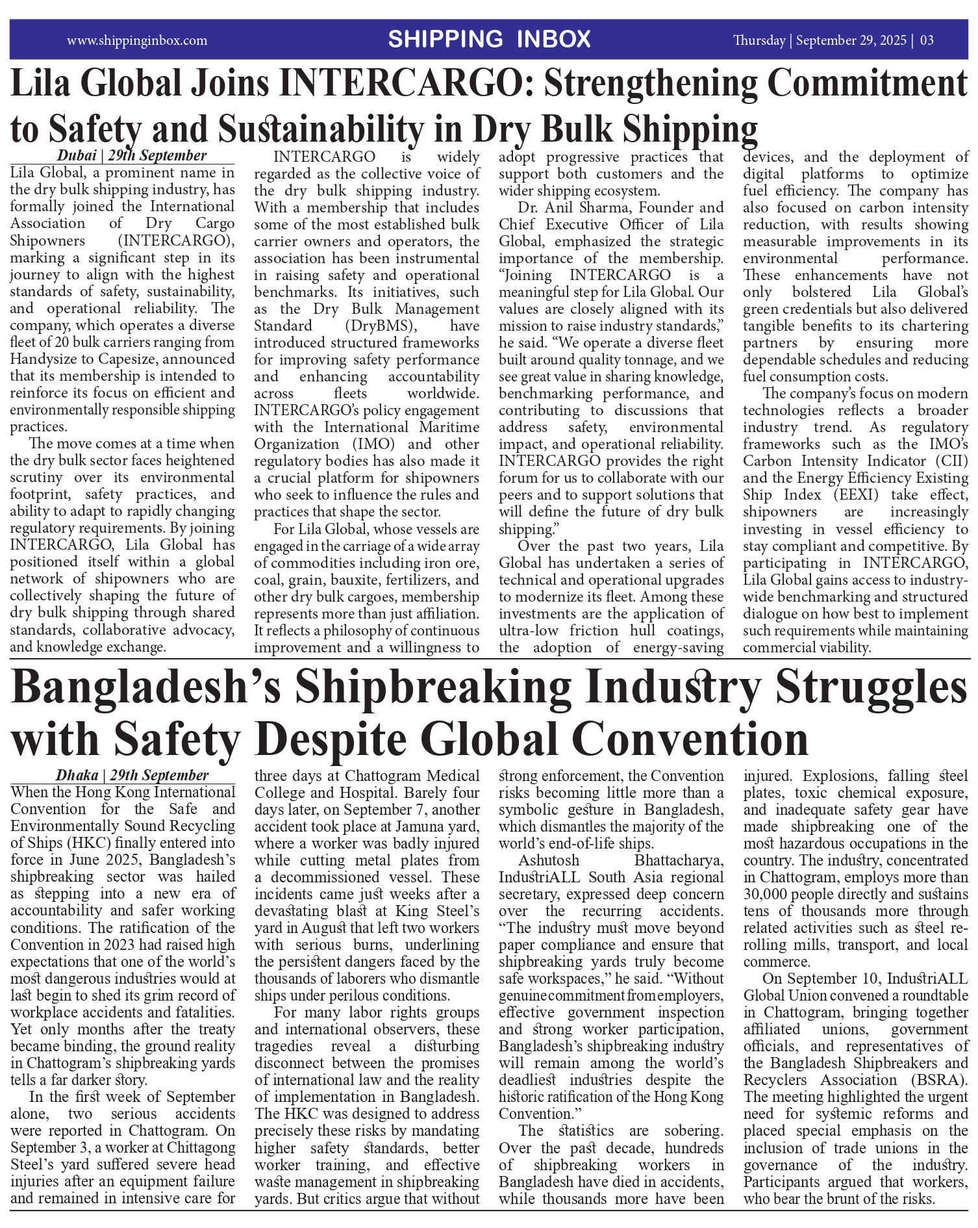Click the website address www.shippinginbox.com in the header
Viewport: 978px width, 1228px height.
coord(137,40)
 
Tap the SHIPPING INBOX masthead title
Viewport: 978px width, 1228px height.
coord(489,40)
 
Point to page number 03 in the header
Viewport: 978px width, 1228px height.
coord(927,40)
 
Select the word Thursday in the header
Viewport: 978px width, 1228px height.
coord(759,40)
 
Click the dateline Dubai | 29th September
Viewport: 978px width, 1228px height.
coord(132,155)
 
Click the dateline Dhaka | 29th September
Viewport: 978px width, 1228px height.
coord(132,775)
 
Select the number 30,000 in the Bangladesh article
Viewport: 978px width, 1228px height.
coord(771,894)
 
